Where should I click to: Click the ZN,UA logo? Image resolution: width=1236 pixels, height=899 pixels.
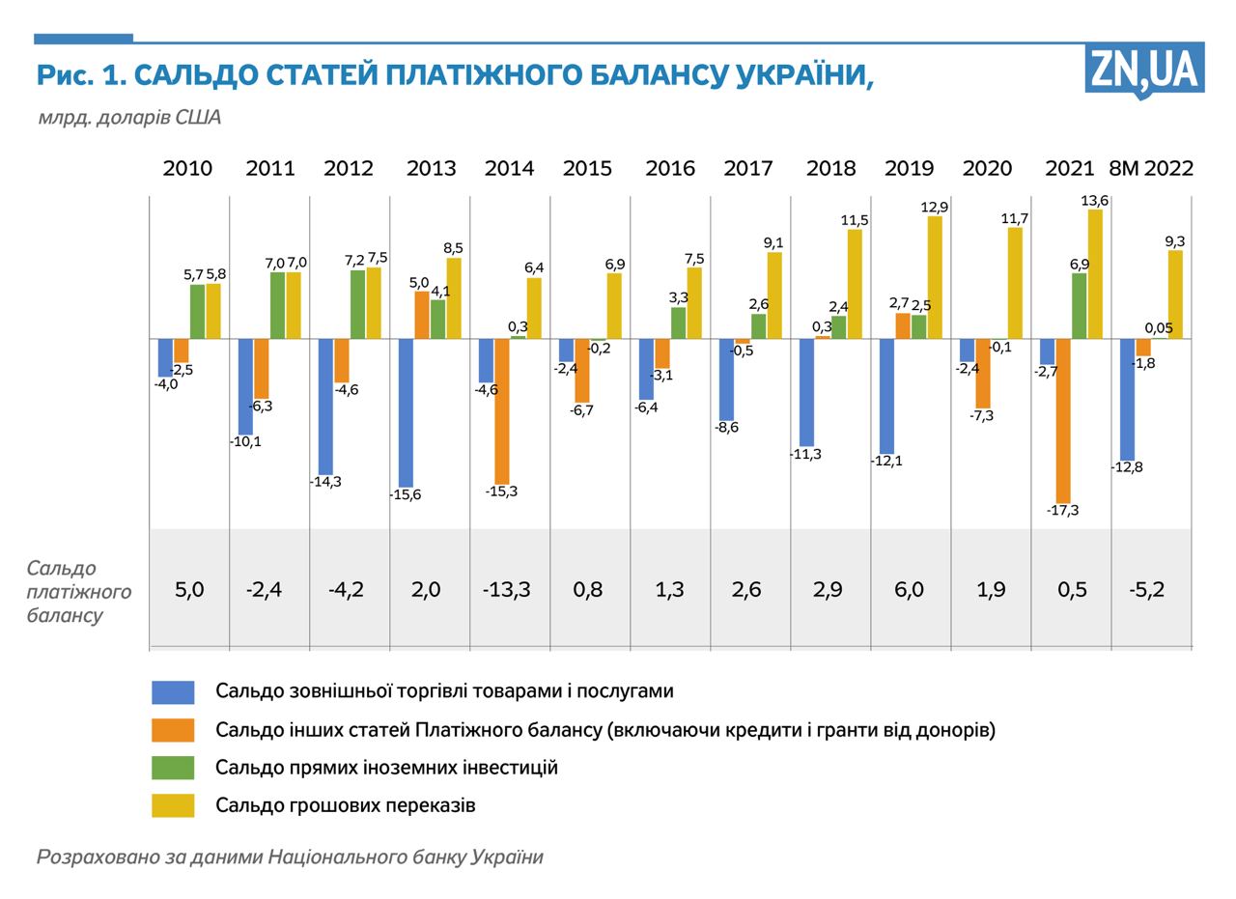point(1144,70)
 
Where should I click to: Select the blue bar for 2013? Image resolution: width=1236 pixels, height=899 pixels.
point(406,412)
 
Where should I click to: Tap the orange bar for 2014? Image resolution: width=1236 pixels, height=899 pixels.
point(502,410)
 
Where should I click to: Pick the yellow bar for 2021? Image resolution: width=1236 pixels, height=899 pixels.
point(1095,274)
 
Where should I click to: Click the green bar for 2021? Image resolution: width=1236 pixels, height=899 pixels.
point(1079,306)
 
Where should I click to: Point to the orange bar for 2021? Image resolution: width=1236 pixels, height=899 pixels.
point(1063,420)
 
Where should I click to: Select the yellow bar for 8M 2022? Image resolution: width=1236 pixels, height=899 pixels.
point(1175,295)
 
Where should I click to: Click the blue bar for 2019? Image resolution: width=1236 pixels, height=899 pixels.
point(886,396)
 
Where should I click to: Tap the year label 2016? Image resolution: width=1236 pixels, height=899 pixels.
point(669,168)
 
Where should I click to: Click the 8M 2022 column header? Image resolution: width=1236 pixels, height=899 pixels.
point(1151,168)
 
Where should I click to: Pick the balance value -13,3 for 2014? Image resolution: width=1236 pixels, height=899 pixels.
point(506,589)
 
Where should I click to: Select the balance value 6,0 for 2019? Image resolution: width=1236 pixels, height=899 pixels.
point(909,589)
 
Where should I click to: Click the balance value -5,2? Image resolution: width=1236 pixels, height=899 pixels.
point(1147,589)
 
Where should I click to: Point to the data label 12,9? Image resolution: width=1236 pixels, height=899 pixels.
point(935,208)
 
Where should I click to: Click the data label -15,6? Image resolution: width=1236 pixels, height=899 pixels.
point(406,495)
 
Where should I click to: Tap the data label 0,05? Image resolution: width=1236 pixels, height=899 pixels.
point(1159,328)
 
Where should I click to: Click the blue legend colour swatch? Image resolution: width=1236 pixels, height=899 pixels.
point(173,692)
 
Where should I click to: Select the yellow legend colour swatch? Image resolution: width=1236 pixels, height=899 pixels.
point(173,805)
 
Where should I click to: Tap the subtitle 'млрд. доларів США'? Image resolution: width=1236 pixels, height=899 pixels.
point(129,118)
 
